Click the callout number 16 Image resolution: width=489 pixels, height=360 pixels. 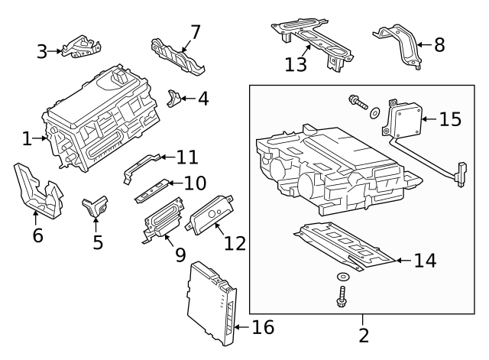[x=263, y=328]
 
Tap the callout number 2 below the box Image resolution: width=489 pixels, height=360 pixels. [x=364, y=335]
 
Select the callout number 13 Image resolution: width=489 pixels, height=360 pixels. [x=296, y=63]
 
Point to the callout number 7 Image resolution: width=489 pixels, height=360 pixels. [x=196, y=32]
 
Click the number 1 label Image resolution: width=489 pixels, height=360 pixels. [x=28, y=139]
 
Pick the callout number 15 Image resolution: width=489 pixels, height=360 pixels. [x=451, y=119]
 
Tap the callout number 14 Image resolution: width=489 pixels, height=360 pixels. [x=424, y=260]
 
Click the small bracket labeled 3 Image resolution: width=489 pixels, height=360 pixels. [x=79, y=49]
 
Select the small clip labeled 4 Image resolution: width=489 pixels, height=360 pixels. [x=176, y=98]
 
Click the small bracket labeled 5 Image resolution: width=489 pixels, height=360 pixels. [x=95, y=206]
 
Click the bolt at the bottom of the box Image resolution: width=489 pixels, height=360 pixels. [x=341, y=296]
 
